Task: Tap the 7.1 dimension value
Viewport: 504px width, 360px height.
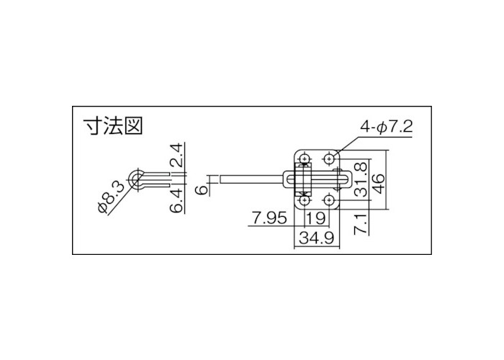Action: point(364,224)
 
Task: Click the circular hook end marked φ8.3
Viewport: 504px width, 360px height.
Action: point(135,178)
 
